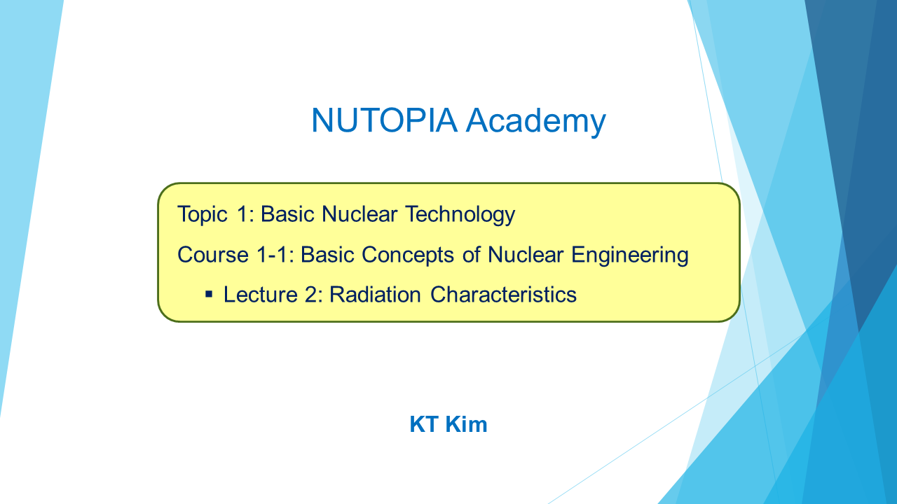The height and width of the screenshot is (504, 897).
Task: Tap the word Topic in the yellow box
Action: pos(203,215)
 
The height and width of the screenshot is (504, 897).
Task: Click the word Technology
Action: pos(460,215)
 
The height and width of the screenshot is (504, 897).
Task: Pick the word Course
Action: pos(213,255)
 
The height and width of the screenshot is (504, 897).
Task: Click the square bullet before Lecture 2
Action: pos(209,295)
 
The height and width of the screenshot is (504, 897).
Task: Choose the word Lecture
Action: pos(260,295)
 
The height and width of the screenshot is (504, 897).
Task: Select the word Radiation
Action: pos(375,295)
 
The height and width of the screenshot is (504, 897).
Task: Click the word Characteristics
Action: pos(503,295)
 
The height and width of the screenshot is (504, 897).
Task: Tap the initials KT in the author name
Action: pos(424,424)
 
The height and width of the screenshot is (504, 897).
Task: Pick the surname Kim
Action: pos(467,424)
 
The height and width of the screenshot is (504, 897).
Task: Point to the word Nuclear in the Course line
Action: pos(526,254)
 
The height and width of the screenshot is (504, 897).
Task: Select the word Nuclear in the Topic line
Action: pos(360,214)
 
